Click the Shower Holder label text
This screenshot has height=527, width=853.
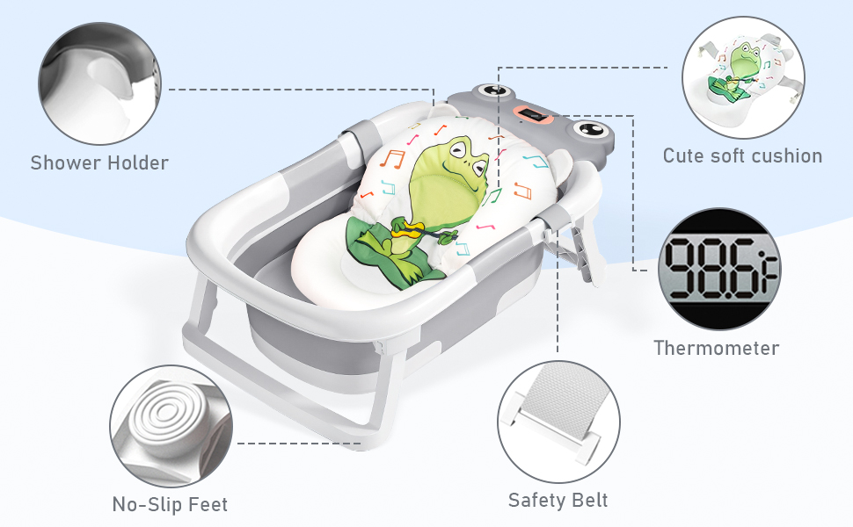coord(99,162)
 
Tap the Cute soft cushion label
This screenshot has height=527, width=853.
coord(742,156)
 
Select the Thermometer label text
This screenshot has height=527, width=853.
coord(716,348)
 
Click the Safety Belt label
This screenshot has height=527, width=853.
coord(558,501)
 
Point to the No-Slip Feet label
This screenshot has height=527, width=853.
coord(170,504)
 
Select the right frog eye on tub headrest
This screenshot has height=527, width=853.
coord(586,133)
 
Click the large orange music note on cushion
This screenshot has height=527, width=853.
coord(392,159)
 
